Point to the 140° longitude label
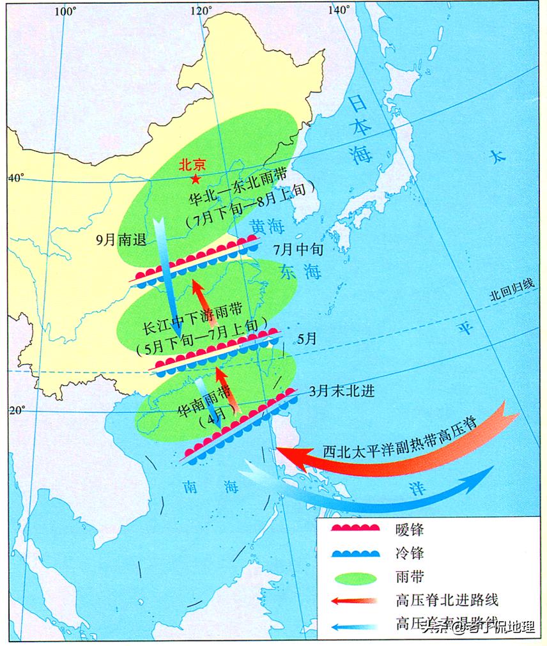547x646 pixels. point(339,10)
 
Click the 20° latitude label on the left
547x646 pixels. point(15,410)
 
